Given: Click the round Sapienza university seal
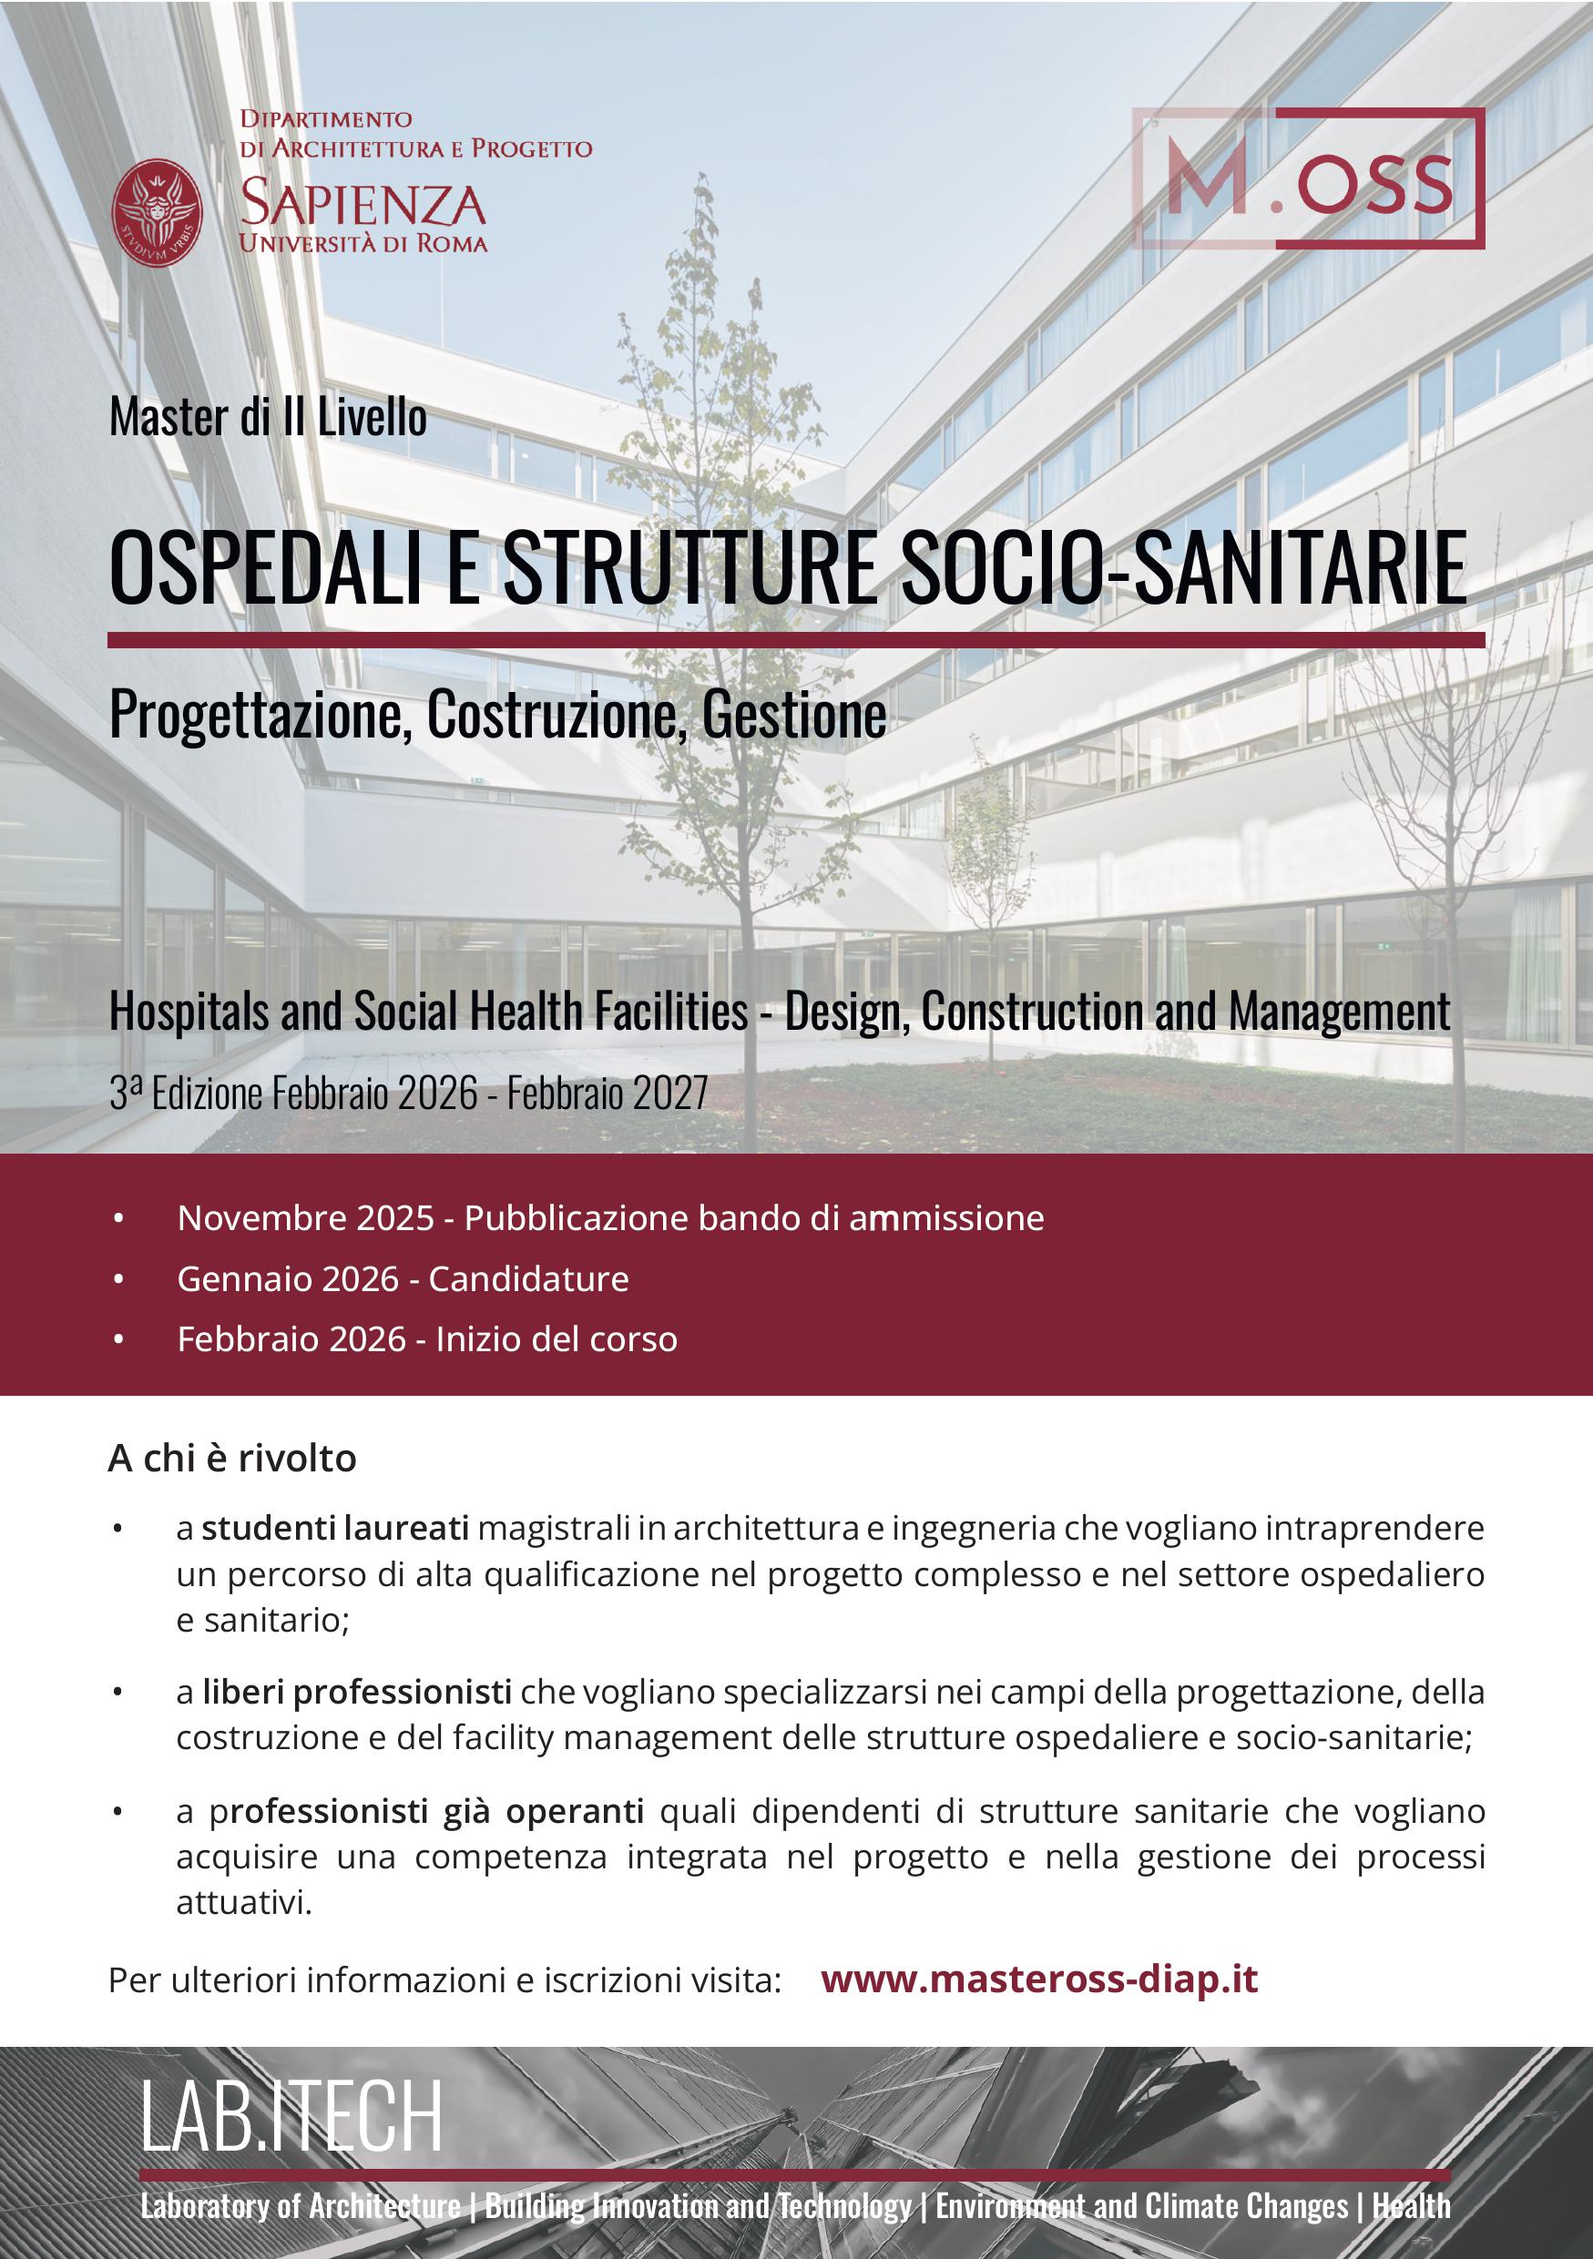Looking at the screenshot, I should (158, 213).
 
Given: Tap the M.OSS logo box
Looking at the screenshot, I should (1308, 178).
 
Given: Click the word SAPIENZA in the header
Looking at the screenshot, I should (363, 204).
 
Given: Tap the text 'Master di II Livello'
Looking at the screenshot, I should (268, 417).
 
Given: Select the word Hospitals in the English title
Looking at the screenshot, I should (189, 1012).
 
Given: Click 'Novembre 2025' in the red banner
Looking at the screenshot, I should (305, 1218).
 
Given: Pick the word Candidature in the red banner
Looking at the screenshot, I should (528, 1278).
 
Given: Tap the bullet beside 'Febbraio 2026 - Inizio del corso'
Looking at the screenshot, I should (119, 1339).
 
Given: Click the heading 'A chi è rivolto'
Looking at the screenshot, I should (232, 1458).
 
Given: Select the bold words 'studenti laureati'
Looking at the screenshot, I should (334, 1528).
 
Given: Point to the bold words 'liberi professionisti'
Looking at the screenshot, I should (356, 1692).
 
